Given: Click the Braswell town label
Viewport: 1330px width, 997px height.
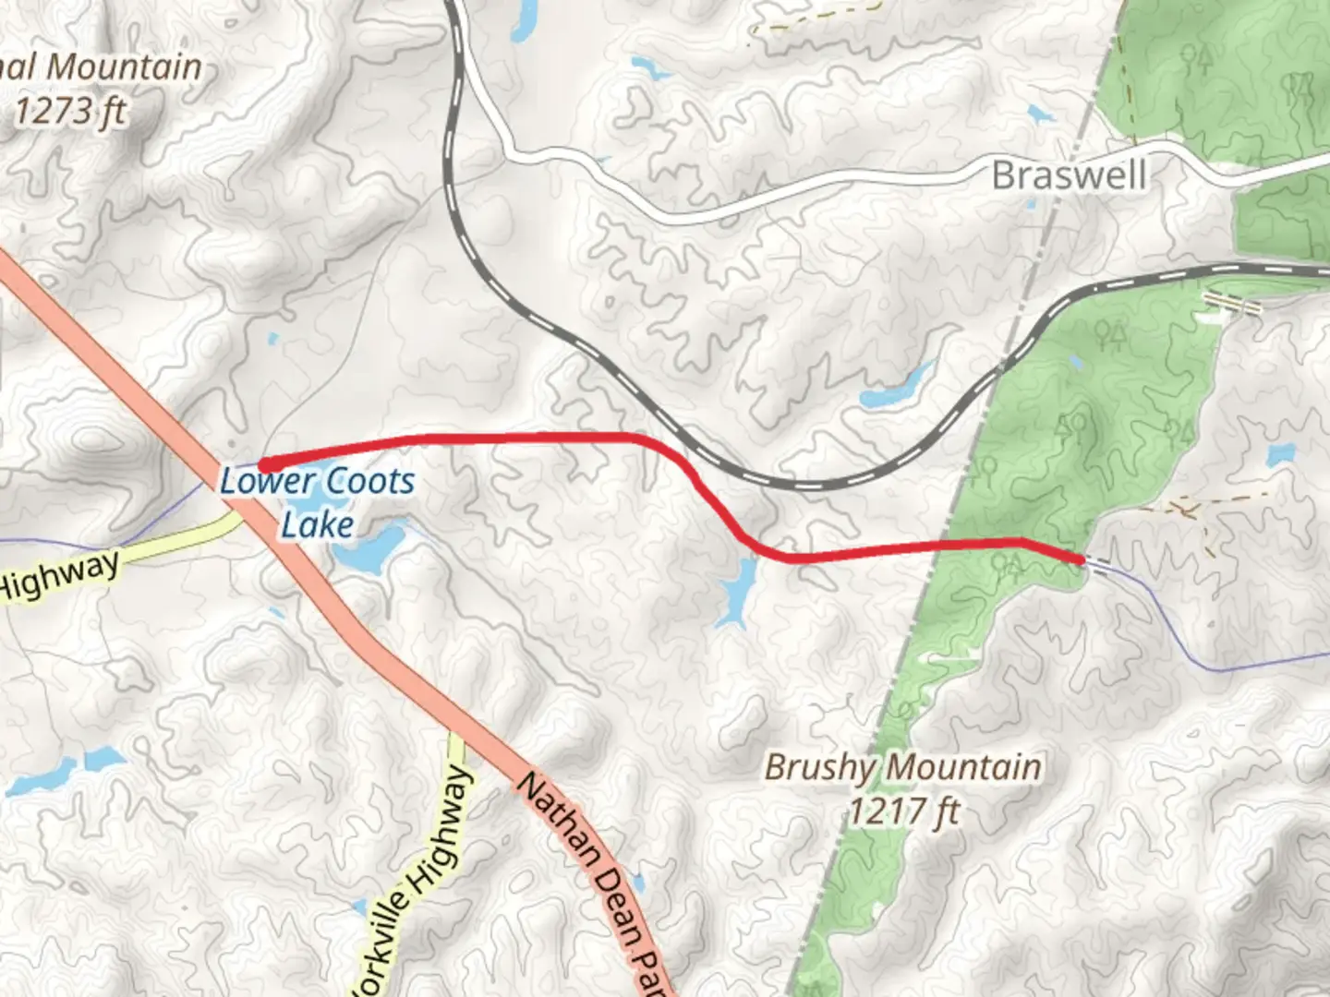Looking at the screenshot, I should [x=1069, y=174].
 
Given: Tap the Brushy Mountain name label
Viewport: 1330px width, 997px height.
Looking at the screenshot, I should [x=902, y=767].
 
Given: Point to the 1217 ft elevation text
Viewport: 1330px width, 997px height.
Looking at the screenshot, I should [x=904, y=811].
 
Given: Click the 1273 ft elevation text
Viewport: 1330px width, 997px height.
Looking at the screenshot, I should [x=69, y=112].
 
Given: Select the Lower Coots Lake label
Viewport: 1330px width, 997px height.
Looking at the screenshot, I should [x=317, y=502].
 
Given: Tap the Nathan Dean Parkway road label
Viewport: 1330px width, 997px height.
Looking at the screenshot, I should [x=591, y=877].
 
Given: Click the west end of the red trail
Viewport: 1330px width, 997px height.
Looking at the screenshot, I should [x=262, y=465].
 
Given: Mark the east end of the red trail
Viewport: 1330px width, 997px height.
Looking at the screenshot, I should [x=1080, y=559].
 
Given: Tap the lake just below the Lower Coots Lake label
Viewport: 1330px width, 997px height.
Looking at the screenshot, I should [x=369, y=549].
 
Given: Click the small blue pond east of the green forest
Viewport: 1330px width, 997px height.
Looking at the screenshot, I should [x=1280, y=455].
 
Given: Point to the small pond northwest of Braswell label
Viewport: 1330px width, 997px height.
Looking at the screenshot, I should [x=1040, y=115].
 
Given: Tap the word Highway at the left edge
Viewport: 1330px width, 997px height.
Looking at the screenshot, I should [x=59, y=575].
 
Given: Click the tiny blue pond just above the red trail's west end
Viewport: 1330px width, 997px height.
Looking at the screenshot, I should [x=271, y=339].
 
